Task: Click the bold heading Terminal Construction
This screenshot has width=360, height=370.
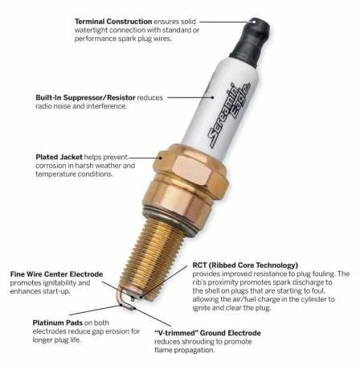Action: point(113,22)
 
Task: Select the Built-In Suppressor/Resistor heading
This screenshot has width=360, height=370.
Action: point(85,97)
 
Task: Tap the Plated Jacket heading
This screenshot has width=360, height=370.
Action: point(59,157)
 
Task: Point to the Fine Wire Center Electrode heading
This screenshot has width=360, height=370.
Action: point(56,274)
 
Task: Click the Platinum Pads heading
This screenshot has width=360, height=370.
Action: point(58,323)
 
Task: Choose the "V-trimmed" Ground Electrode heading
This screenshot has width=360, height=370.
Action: point(207,333)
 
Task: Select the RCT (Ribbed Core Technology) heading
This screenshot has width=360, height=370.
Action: point(245,265)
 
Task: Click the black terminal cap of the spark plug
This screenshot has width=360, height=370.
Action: point(251,42)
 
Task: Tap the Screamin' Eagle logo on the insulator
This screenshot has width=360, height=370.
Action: point(230,115)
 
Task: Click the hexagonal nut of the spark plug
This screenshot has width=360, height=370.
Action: point(190,171)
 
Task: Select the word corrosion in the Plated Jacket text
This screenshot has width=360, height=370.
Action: point(51,166)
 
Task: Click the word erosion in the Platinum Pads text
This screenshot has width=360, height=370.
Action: point(117,331)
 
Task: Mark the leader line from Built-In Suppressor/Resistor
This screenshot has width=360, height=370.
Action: point(190,97)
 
